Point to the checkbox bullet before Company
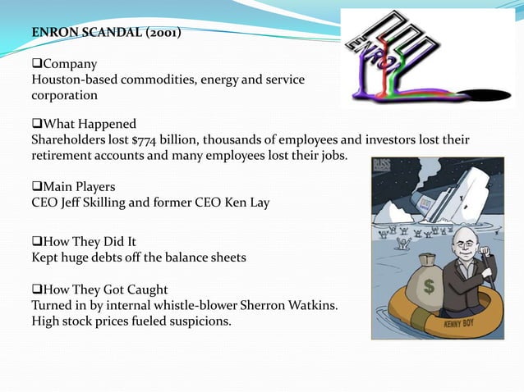point(36,64)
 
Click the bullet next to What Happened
point(36,124)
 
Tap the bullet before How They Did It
point(36,243)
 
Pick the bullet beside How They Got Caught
point(36,289)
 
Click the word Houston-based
point(71,80)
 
